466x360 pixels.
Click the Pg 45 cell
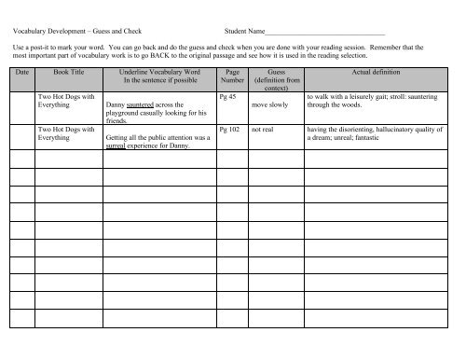(x=226, y=95)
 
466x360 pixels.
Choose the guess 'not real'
(x=265, y=132)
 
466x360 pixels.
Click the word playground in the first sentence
(x=124, y=114)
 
